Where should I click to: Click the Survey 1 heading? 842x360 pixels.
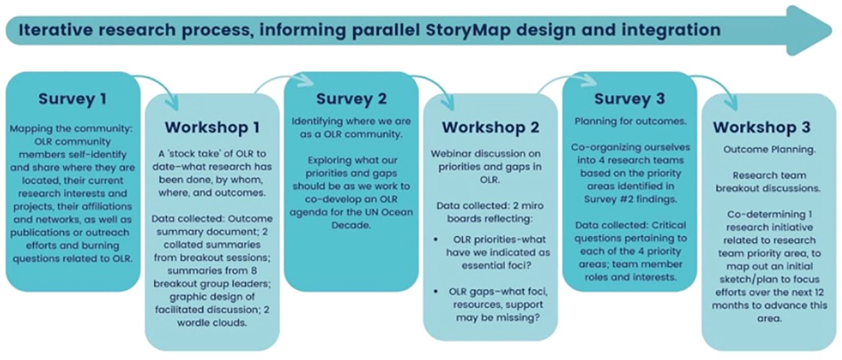[x=72, y=99]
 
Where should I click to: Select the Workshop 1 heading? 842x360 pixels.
[x=212, y=127]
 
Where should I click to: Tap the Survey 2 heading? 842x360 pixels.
[x=351, y=99]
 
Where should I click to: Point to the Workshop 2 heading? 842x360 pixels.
[x=491, y=127]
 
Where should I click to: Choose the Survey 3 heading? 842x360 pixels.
[x=630, y=99]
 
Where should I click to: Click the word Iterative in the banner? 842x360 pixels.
[x=55, y=30]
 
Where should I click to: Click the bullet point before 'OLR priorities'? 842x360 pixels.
[x=436, y=240]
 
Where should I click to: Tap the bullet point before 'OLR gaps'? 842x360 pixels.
[x=436, y=292]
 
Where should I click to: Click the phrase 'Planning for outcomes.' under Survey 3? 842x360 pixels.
[x=630, y=122]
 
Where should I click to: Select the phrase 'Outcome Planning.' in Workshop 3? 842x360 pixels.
[x=769, y=150]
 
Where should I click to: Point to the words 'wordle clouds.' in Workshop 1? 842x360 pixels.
[x=212, y=323]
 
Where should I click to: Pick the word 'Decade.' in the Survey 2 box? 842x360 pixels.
[x=351, y=226]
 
